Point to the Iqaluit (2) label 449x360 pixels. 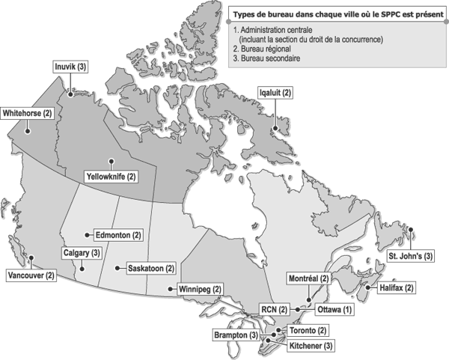click(x=275, y=92)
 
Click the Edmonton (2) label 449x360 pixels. click(x=116, y=235)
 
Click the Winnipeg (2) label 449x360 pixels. click(x=201, y=289)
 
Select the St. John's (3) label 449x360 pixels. click(x=410, y=256)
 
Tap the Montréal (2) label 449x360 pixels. click(x=309, y=278)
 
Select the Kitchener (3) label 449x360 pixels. click(x=309, y=346)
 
